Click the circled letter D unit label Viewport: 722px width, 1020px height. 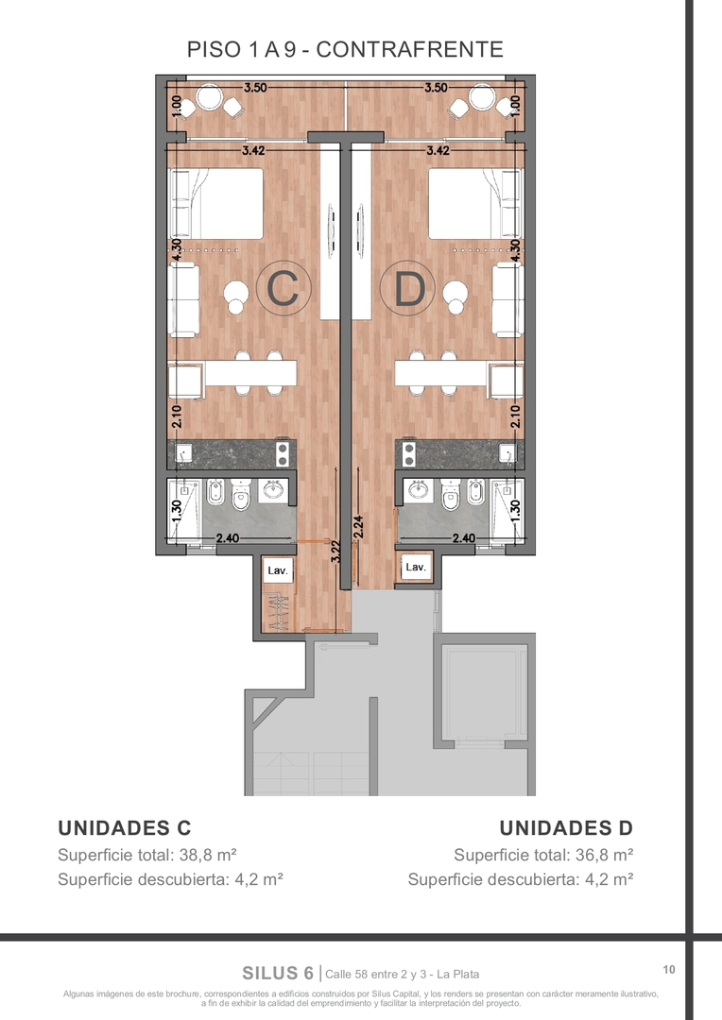(409, 290)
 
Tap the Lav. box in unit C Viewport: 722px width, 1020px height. (278, 570)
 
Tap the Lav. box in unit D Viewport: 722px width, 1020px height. (416, 568)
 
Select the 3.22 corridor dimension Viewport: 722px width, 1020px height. (335, 552)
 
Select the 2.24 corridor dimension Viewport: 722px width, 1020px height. (357, 527)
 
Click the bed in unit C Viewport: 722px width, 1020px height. (215, 204)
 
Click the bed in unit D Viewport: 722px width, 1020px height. (476, 204)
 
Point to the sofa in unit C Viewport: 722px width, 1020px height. (183, 300)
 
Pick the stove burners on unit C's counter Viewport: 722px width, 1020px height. (283, 453)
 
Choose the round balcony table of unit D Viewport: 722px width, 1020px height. (482, 97)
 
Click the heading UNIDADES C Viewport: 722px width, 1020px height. (125, 827)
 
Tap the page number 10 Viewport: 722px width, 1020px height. (669, 970)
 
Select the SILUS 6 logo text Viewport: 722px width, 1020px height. (278, 973)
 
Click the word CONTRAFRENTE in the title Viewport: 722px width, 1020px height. (410, 49)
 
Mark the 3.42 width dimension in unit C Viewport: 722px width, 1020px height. (253, 150)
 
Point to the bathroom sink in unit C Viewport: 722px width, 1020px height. (273, 489)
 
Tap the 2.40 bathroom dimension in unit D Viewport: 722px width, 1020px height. (464, 538)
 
